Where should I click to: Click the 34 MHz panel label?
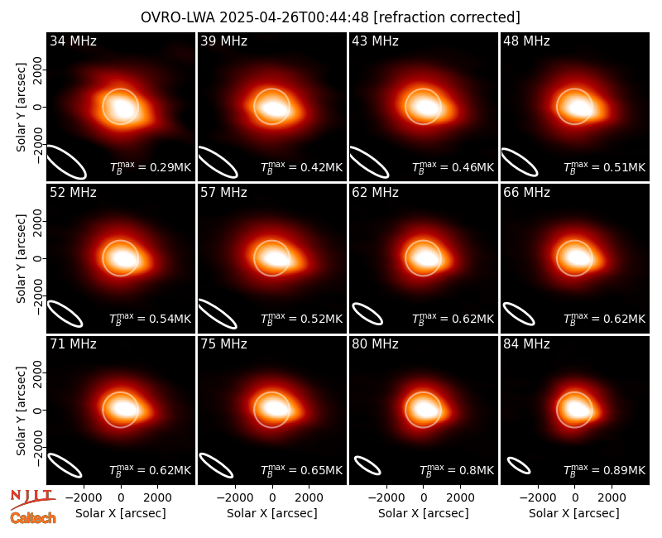tap(73, 41)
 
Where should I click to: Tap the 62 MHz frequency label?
tap(376, 193)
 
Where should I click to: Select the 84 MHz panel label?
tap(526, 344)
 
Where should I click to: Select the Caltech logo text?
tap(33, 518)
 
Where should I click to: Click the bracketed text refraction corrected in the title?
tap(447, 17)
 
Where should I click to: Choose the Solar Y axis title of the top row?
tap(21, 108)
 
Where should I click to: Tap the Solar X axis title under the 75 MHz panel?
tap(272, 513)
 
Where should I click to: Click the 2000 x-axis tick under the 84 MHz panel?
tap(612, 497)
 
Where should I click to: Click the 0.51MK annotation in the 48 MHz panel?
tap(605, 167)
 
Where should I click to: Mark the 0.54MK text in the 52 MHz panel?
tap(151, 319)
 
